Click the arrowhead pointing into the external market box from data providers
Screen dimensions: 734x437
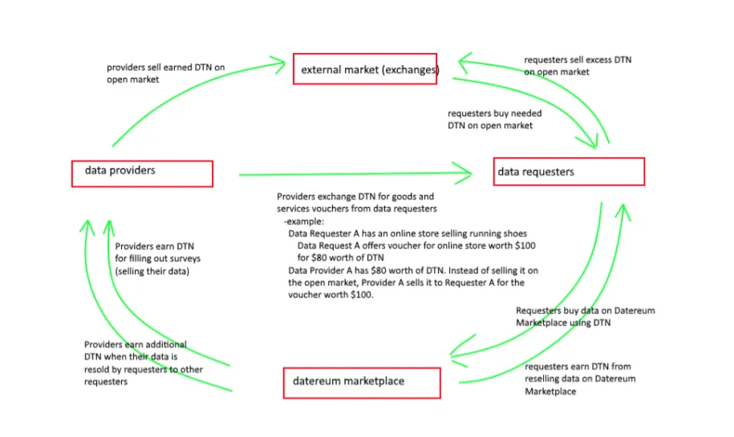coord(279,65)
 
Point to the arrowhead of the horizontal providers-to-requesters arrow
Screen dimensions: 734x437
coord(463,173)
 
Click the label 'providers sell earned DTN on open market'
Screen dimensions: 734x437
coord(166,73)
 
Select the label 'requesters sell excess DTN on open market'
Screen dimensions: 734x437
coord(578,66)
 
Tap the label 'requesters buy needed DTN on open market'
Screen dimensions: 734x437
coord(494,119)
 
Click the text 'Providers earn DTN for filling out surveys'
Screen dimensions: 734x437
coord(157,253)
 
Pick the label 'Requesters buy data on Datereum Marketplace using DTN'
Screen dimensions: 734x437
coord(585,316)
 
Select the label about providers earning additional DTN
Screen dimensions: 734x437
coord(144,362)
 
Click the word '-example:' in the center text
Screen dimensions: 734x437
coord(303,221)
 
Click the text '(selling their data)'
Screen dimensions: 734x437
coord(152,271)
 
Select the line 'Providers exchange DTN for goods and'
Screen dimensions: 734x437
coord(355,196)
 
